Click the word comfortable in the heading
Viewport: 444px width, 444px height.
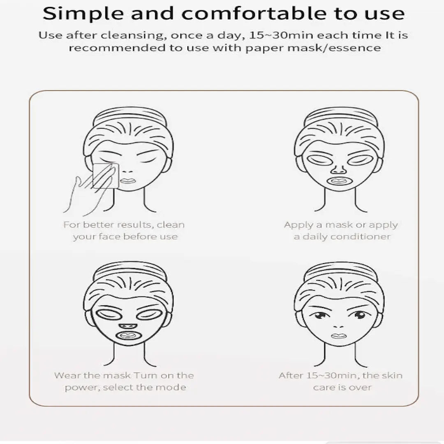pos(254,13)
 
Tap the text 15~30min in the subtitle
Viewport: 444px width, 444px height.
pos(281,35)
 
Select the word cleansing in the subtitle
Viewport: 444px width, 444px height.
pos(132,36)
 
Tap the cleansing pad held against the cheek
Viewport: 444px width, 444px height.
pos(105,176)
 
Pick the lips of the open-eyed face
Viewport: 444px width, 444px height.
pos(339,336)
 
